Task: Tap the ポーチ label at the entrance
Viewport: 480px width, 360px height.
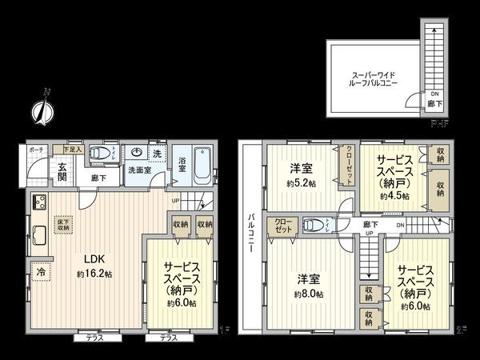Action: tap(36, 150)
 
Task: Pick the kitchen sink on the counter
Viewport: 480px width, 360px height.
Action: tap(38, 235)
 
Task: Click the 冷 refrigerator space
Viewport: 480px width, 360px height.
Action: tap(38, 272)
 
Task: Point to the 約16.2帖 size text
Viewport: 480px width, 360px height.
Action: tap(94, 274)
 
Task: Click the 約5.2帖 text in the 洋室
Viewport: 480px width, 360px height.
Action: tap(302, 183)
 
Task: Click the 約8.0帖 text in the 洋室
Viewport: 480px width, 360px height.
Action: tap(308, 294)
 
